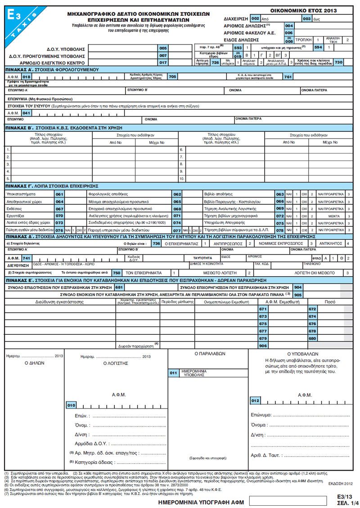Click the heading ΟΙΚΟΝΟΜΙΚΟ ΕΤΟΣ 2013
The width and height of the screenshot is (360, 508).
pos(305,10)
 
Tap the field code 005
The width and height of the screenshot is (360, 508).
pos(163,48)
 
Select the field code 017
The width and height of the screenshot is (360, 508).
pos(163,63)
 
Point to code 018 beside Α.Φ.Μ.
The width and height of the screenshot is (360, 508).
pos(27,77)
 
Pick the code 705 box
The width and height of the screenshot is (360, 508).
pos(172,77)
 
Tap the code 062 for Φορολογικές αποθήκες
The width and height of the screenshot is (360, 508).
pos(177,193)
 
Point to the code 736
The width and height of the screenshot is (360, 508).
pos(156,243)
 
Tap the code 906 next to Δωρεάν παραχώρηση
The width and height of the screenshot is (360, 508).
pos(263,345)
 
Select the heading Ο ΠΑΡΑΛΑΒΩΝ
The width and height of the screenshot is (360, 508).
pos(210,354)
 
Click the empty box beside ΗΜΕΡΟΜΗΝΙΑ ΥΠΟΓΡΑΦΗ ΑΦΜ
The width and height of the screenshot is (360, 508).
pos(281,500)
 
